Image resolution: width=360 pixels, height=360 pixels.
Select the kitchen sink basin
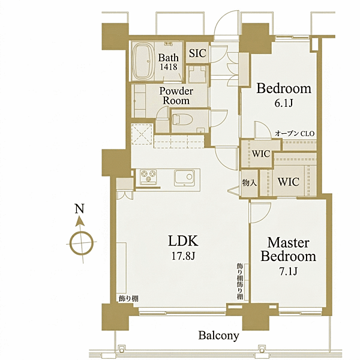(x=184, y=178)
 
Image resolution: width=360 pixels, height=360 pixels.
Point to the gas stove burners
(x=148, y=176)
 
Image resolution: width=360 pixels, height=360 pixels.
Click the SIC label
(x=197, y=53)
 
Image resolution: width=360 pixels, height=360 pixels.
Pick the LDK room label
(x=183, y=241)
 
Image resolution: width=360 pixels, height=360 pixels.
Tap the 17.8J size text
(x=183, y=256)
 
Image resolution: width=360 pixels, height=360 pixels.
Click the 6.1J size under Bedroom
(x=284, y=104)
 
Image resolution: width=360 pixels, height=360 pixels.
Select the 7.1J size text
(x=289, y=272)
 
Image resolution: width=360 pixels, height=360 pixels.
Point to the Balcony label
(x=218, y=335)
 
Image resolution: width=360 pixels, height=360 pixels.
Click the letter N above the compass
(x=79, y=209)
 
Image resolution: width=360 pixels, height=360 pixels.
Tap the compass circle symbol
(x=82, y=243)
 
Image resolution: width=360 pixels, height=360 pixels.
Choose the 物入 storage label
(x=249, y=183)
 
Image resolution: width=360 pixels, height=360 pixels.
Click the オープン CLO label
(x=295, y=134)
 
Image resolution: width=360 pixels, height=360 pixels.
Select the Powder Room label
(x=176, y=96)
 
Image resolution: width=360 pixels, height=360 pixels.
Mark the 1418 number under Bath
(x=169, y=67)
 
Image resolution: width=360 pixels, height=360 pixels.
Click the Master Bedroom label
(x=288, y=250)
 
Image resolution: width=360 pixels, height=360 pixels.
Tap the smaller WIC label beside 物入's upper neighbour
(x=261, y=154)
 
